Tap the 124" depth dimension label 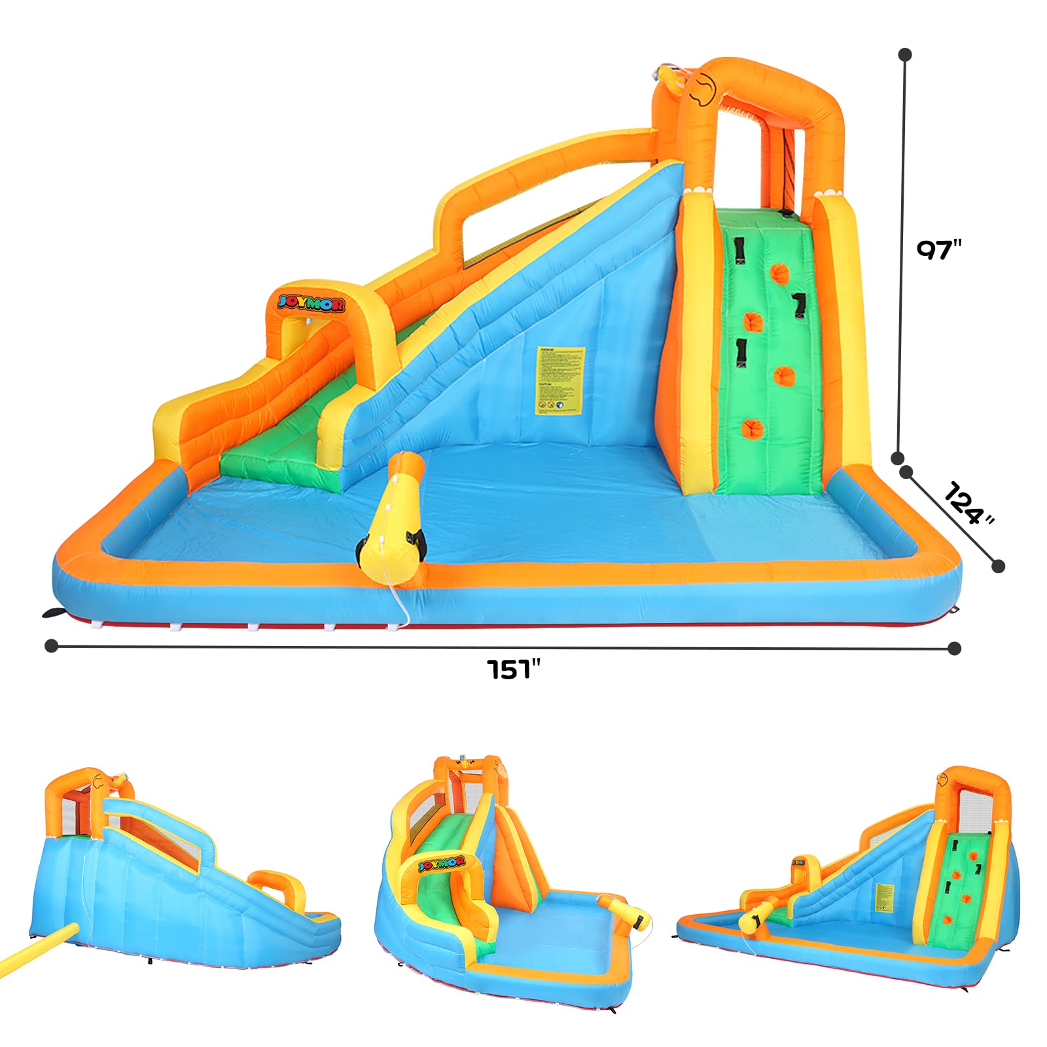[x=969, y=503]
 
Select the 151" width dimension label [x=514, y=669]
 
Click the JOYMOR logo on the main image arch [x=311, y=302]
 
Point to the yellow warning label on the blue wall [x=560, y=381]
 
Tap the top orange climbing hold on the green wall [x=779, y=273]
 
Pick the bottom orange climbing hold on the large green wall [x=753, y=429]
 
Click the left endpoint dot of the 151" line [x=51, y=646]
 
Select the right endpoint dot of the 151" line [x=954, y=648]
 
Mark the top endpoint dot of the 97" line [x=906, y=55]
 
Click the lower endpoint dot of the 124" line [x=998, y=566]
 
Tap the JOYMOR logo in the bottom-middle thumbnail [x=441, y=863]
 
